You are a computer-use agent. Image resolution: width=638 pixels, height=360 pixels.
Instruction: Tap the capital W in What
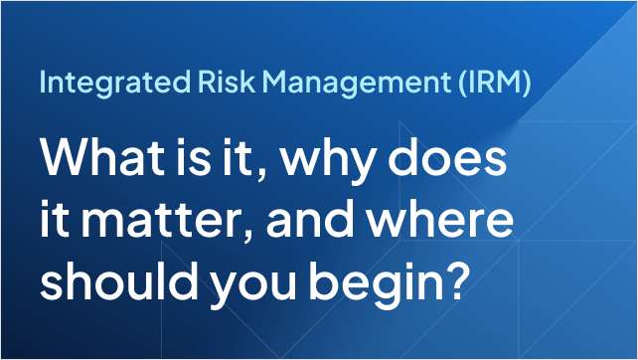click(x=61, y=159)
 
